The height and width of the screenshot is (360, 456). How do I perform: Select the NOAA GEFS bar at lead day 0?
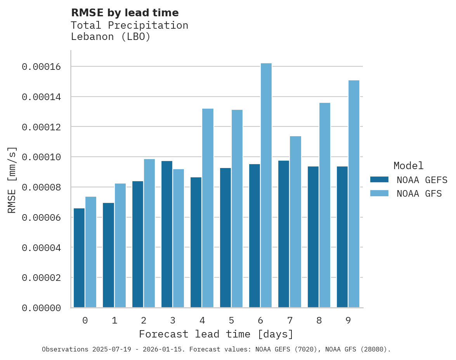pyautogui.click(x=79, y=258)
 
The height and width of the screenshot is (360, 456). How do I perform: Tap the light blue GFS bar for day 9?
pyautogui.click(x=354, y=194)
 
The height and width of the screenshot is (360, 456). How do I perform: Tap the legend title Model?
pyautogui.click(x=408, y=166)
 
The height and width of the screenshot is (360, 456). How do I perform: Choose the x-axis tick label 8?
pyautogui.click(x=319, y=320)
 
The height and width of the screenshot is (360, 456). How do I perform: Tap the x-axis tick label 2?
pyautogui.click(x=144, y=320)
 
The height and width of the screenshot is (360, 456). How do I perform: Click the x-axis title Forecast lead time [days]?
pyautogui.click(x=216, y=334)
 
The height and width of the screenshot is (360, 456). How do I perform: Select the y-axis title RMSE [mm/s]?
pyautogui.click(x=12, y=180)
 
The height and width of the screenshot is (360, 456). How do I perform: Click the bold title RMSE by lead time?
pyautogui.click(x=125, y=13)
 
